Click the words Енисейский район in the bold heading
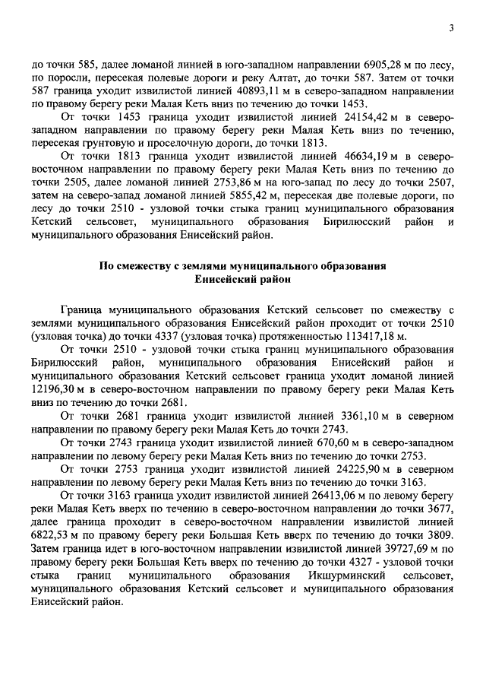click(x=242, y=279)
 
